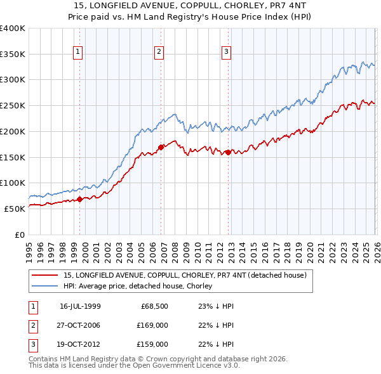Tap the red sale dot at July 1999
tap(79, 199)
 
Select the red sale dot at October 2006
tap(161, 147)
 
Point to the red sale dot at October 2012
tap(229, 152)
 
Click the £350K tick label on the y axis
tap(13, 55)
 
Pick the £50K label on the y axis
tap(15, 209)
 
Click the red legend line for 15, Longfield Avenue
tap(44, 276)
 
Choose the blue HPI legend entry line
tap(44, 287)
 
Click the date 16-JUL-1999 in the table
tap(79, 306)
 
